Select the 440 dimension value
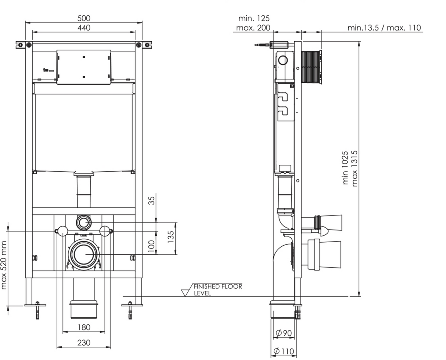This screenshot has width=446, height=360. (x=84, y=28)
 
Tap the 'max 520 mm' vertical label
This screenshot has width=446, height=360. (x=4, y=265)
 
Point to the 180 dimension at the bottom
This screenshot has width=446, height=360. (x=84, y=327)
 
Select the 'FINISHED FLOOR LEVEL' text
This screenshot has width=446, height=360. (x=217, y=290)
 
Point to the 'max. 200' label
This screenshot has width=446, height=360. (x=253, y=28)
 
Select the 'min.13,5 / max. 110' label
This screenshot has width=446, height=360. (x=384, y=28)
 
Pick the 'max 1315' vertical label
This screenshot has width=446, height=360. (x=355, y=168)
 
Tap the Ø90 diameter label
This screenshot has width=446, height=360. (x=283, y=333)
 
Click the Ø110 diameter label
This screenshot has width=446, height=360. (x=283, y=351)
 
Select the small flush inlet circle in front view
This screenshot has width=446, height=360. (x=84, y=222)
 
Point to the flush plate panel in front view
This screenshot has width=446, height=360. (x=84, y=67)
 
